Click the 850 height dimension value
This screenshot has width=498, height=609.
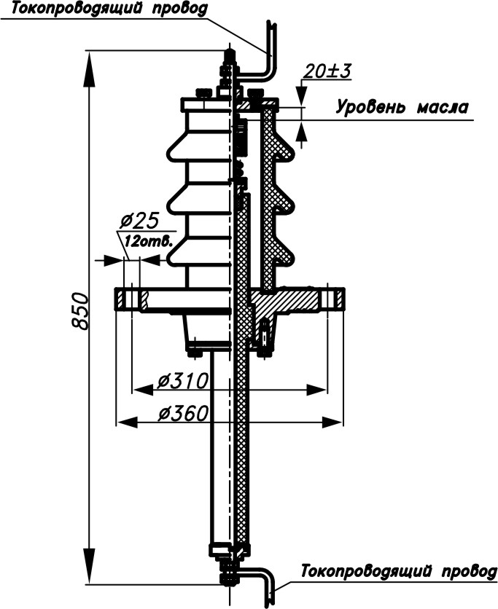point(81,311)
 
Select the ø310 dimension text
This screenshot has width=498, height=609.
point(183,381)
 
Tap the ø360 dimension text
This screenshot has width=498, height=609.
point(184,413)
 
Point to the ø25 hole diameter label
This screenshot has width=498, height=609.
point(139,221)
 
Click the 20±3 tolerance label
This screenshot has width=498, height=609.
point(327,71)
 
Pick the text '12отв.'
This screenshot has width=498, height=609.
point(148,241)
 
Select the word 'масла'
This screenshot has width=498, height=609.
point(443,108)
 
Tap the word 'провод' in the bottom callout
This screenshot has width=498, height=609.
point(470,572)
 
